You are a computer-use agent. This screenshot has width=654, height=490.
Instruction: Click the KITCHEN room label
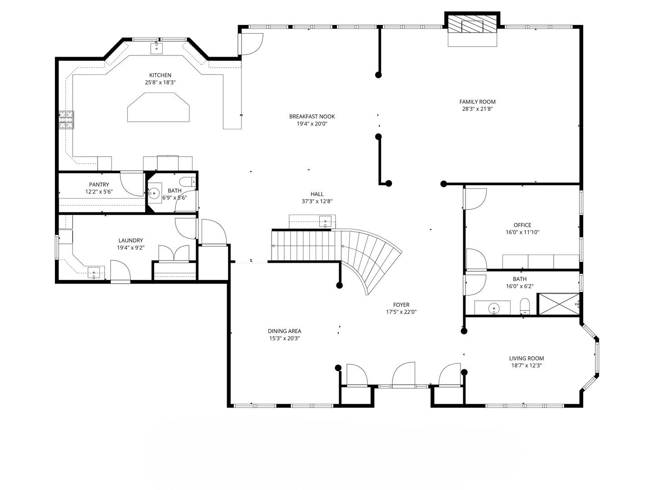pyautogui.click(x=160, y=75)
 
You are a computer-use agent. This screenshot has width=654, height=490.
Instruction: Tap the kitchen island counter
pyautogui.click(x=159, y=107)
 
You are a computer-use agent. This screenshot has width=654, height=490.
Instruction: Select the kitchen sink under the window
pyautogui.click(x=156, y=48)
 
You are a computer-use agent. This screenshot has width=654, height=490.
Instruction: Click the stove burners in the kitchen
pyautogui.click(x=66, y=120)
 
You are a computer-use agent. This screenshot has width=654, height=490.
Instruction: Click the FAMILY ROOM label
pyautogui.click(x=477, y=102)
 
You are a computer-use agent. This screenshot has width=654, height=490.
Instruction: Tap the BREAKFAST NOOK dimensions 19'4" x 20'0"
pyautogui.click(x=312, y=124)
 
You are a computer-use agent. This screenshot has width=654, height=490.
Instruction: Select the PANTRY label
pyautogui.click(x=99, y=185)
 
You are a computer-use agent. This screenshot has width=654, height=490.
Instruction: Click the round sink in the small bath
pyautogui.click(x=154, y=193)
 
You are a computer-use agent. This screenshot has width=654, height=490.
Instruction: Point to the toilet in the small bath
pyautogui.click(x=188, y=181)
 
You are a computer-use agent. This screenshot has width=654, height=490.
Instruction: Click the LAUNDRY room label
pyautogui.click(x=130, y=240)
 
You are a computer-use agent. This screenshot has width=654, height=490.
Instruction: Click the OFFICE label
pyautogui.click(x=522, y=225)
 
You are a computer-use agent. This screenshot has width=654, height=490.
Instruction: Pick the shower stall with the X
pyautogui.click(x=558, y=304)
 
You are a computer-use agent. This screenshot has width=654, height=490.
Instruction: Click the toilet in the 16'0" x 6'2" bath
pyautogui.click(x=525, y=306)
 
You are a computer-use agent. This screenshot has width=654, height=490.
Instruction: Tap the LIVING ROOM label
pyautogui.click(x=526, y=358)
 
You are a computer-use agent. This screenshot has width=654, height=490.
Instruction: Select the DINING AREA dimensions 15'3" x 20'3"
pyautogui.click(x=285, y=338)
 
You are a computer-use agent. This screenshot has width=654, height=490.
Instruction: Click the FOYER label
pyautogui.click(x=401, y=304)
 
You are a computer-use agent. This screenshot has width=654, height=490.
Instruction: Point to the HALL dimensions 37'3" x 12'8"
pyautogui.click(x=317, y=201)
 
